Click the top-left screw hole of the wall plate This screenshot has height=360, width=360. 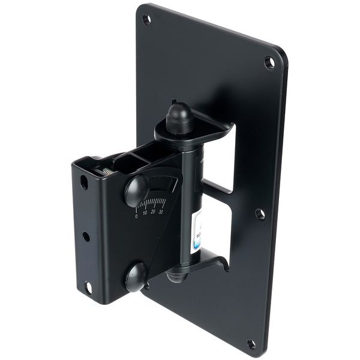pyautogui.click(x=146, y=19)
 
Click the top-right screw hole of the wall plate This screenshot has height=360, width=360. pyautogui.click(x=269, y=62)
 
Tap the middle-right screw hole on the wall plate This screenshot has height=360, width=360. pyautogui.click(x=260, y=214)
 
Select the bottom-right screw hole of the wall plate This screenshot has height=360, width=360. pyautogui.click(x=251, y=344)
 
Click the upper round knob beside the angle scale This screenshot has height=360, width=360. pyautogui.click(x=137, y=191)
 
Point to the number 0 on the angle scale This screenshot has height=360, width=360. pyautogui.click(x=137, y=216)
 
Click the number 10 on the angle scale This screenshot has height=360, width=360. pyautogui.click(x=145, y=214)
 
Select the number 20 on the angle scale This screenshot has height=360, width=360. pyautogui.click(x=154, y=212)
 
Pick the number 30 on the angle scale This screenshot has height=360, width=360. pyautogui.click(x=161, y=210)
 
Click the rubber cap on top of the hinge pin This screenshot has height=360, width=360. pyautogui.click(x=179, y=118)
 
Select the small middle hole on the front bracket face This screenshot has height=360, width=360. pyautogui.click(x=86, y=236)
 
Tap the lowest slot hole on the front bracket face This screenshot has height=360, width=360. pyautogui.click(x=88, y=287)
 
